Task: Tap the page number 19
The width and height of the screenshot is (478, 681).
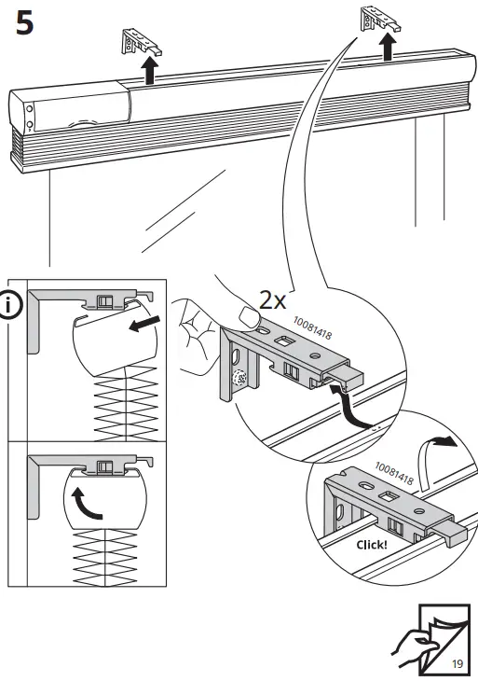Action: click(x=457, y=664)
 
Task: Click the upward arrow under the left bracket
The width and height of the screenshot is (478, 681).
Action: click(x=148, y=72)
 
